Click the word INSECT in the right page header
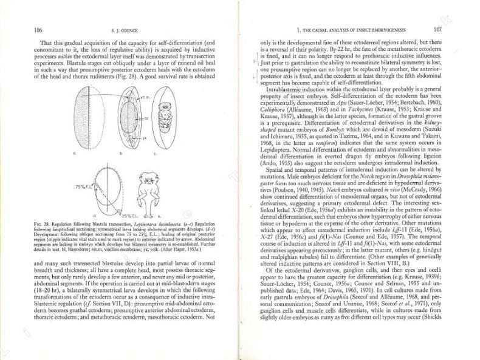click(368, 29)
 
